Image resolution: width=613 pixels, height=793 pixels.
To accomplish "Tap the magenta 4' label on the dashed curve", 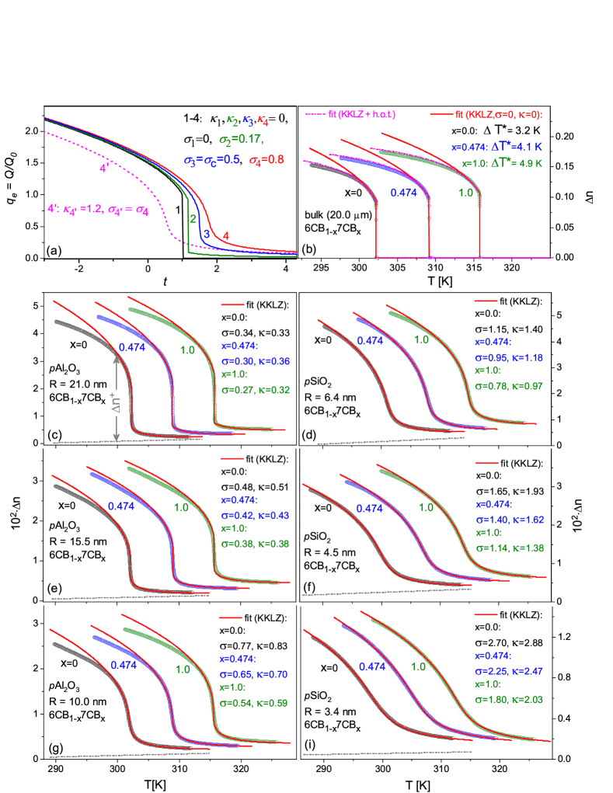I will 103,167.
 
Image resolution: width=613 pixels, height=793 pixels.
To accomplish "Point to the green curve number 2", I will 192,220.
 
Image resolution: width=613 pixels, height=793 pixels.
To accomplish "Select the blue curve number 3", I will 206,234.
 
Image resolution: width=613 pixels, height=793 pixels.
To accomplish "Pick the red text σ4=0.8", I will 266,160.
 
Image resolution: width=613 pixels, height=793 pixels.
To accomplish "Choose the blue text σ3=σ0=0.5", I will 210,160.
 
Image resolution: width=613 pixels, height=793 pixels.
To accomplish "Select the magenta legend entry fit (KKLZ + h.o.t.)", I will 351,115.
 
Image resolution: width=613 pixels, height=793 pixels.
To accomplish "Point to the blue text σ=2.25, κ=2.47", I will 510,672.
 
